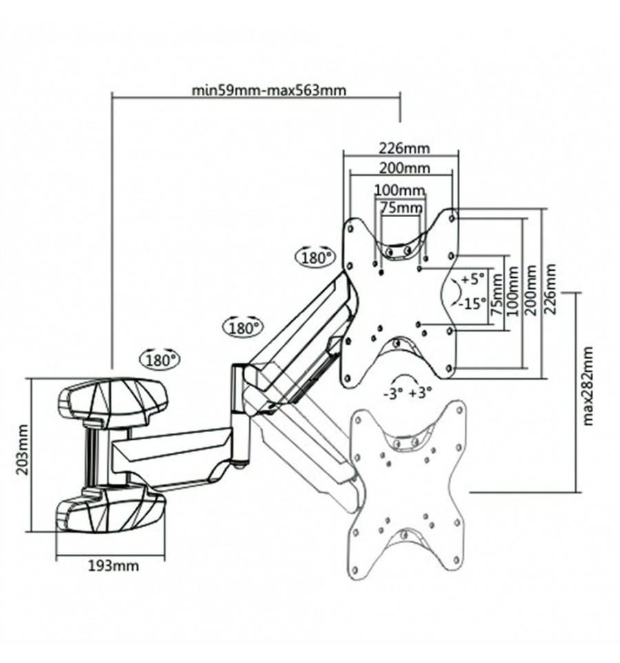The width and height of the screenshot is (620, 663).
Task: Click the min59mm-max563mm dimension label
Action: (269, 90)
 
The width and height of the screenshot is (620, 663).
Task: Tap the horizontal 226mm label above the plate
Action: (404, 148)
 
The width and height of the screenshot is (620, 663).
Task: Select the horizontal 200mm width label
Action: (404, 168)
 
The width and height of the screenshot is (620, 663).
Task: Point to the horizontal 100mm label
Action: (400, 190)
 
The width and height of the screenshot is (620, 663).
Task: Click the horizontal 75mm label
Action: (401, 207)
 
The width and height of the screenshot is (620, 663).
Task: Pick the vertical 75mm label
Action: (497, 295)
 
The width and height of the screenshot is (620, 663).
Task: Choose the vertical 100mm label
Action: (513, 291)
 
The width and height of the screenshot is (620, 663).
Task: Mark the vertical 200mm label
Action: (530, 290)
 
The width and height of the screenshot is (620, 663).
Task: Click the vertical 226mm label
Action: (550, 288)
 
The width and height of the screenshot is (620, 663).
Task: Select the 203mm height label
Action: (23, 449)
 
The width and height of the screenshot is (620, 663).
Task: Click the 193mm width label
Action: (113, 565)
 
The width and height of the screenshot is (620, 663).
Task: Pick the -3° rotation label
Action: (393, 394)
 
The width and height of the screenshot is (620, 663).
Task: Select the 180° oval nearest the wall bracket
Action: (161, 360)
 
